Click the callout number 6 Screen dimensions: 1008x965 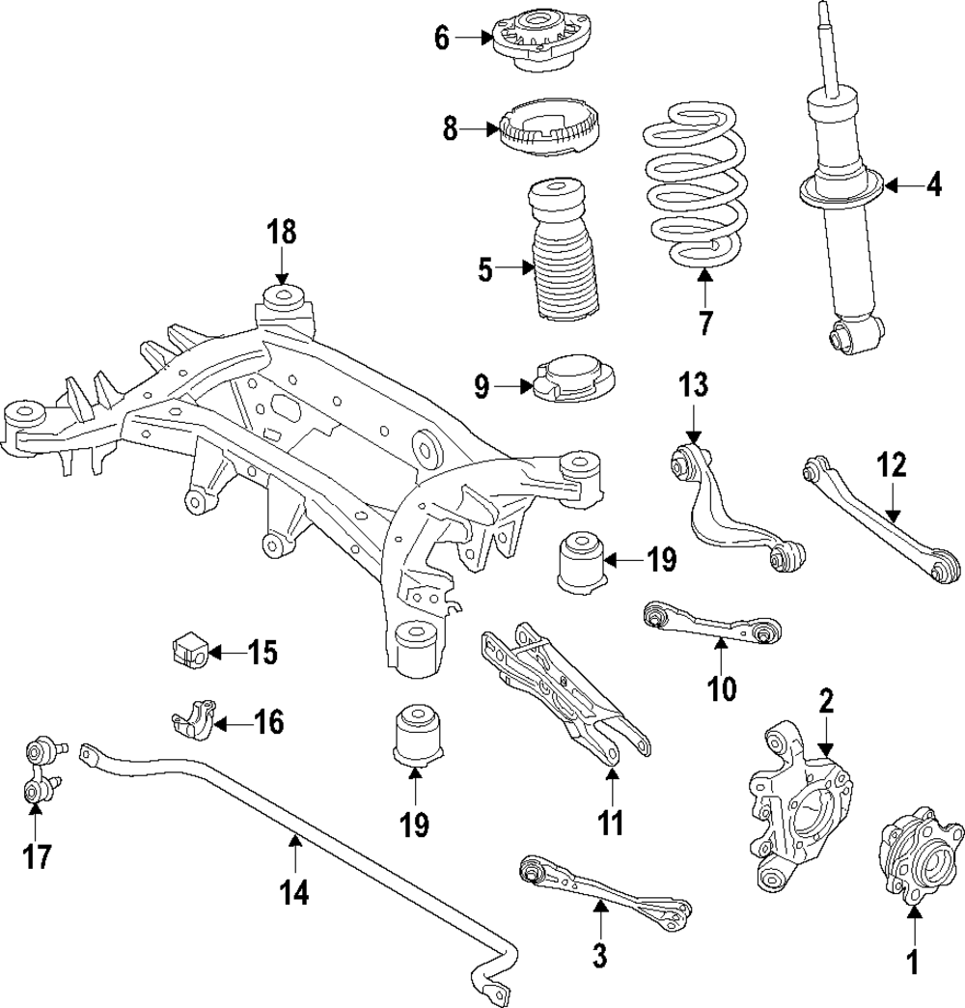pyautogui.click(x=442, y=39)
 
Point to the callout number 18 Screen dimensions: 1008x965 pyautogui.click(x=282, y=233)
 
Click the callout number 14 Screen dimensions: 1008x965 pyautogui.click(x=295, y=893)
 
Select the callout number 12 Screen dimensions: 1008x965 pyautogui.click(x=893, y=466)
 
